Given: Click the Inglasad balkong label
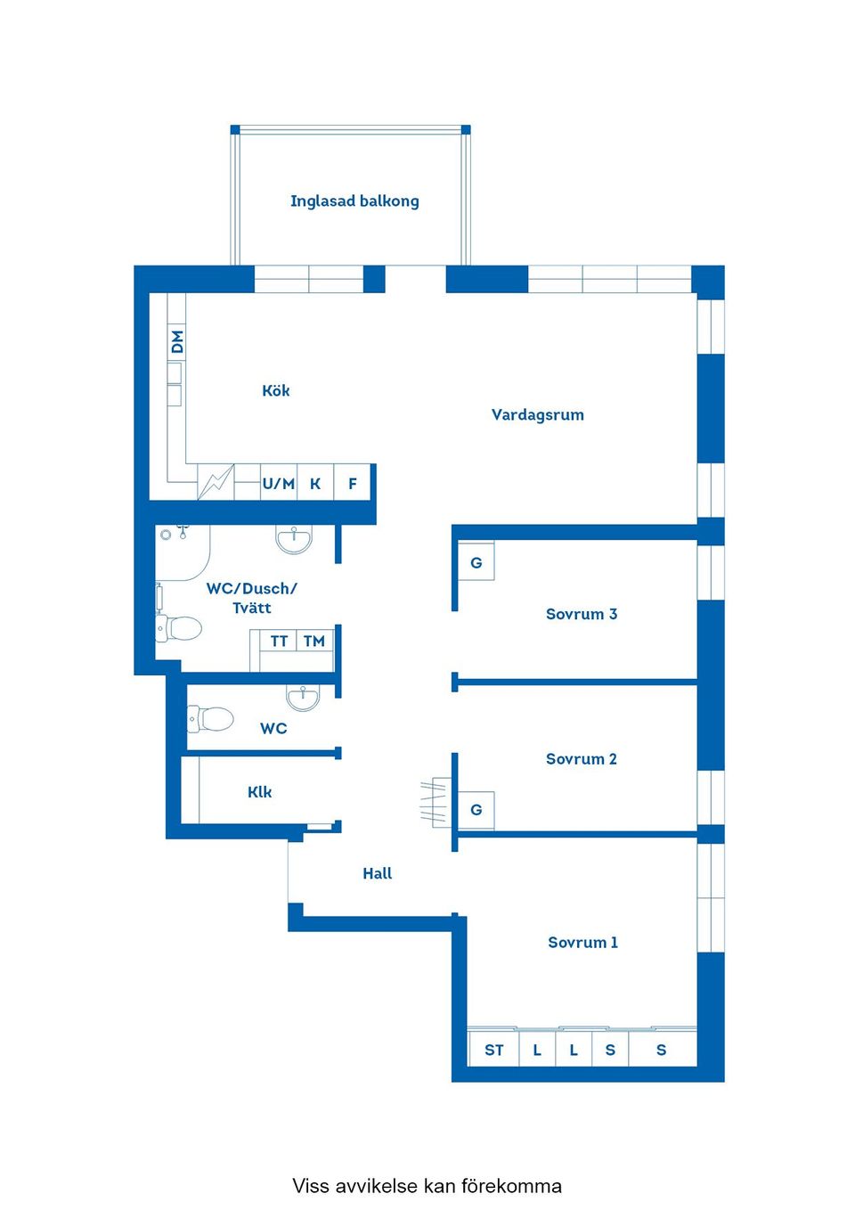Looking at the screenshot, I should point(354,201).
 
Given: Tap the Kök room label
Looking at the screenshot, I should point(276,390).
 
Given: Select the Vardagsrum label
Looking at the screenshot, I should point(538,414).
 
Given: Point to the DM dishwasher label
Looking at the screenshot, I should point(176,341).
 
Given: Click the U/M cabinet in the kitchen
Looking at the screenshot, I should point(278,484).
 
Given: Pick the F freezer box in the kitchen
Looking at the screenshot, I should point(353,484).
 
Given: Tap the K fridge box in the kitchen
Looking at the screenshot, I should point(315,484).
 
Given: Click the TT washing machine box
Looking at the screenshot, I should point(279,642).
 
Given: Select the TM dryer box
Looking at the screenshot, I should point(314,642).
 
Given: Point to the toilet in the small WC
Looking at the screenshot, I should point(212,718).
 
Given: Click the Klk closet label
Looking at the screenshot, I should point(260,792).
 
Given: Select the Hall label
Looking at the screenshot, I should point(378,873).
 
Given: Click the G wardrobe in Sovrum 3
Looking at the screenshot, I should point(476,563).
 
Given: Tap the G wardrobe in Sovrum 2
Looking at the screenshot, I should point(476,810).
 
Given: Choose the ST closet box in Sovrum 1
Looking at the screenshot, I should point(494,1050).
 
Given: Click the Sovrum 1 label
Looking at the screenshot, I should point(582,942).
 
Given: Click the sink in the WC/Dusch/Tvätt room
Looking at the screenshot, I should point(294,538).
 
